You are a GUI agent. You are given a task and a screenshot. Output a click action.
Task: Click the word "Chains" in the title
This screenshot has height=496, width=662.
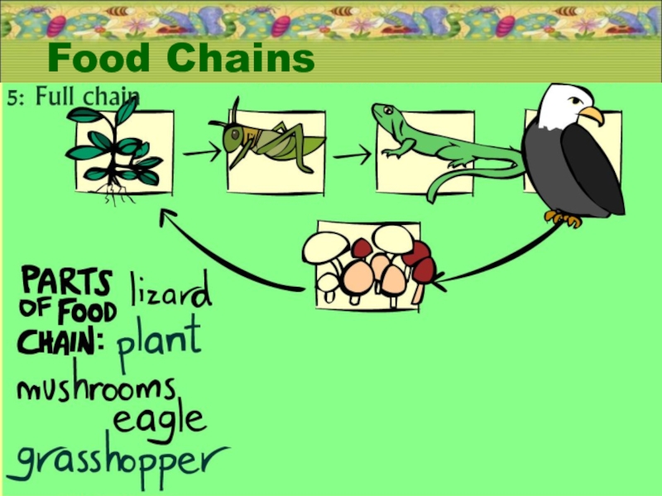tap(241, 59)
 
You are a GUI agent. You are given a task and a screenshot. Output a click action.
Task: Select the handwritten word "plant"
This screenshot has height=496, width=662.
tap(159, 340)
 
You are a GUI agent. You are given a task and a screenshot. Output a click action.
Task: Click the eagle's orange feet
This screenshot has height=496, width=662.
tap(564, 218)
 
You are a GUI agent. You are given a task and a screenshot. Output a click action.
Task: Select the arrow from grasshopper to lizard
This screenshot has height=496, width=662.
tap(353, 155)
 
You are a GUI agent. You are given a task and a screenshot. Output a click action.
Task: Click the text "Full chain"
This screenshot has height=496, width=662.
tap(87, 97)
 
